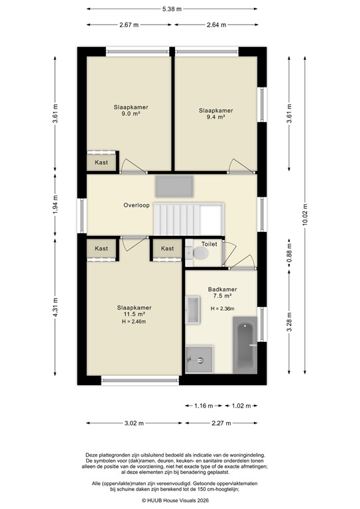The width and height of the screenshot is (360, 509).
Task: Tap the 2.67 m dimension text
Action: (129, 25)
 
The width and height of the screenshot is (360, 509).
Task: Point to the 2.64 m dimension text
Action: (216, 25)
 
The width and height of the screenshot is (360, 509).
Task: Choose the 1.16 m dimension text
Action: (204, 406)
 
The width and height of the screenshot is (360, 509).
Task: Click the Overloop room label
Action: (137, 205)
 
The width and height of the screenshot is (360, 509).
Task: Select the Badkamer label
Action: (222, 290)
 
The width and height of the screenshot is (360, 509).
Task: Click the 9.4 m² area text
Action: (216, 117)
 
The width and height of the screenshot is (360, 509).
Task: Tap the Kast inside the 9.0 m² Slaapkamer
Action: (101, 162)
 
